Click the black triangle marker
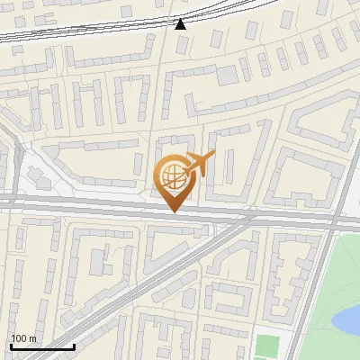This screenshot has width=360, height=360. click(x=181, y=23)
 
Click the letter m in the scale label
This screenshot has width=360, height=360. click(x=33, y=338)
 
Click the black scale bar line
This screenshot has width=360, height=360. click(x=42, y=346)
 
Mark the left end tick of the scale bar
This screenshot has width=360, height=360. click(x=11, y=345)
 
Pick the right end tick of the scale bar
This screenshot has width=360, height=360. click(x=74, y=345)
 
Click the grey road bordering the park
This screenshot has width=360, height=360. click(x=310, y=288)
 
